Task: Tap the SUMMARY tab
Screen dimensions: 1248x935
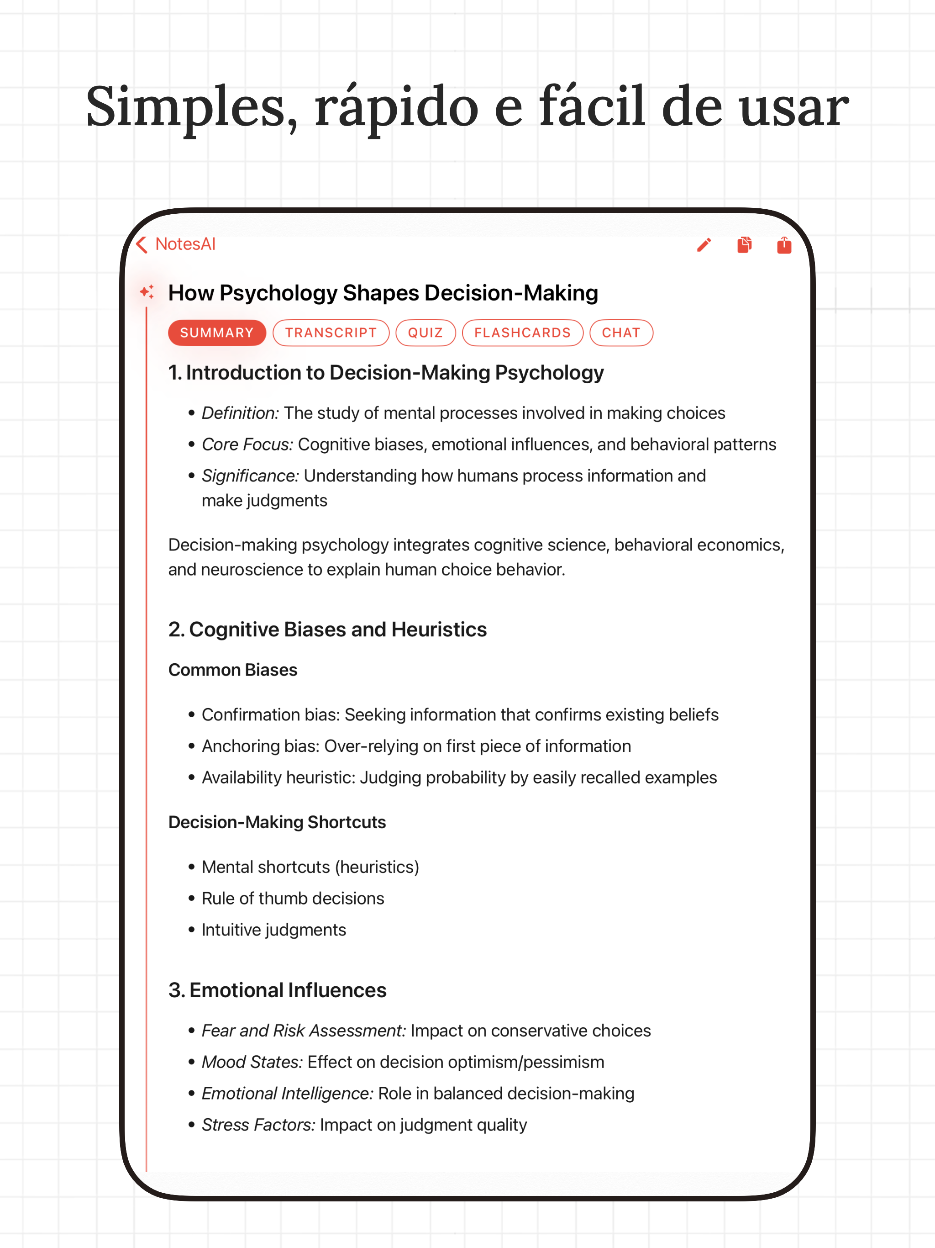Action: click(x=216, y=333)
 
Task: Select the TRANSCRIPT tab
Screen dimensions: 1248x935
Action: click(x=331, y=333)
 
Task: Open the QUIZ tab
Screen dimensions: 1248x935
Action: click(x=425, y=333)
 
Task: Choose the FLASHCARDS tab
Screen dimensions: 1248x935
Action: click(x=522, y=333)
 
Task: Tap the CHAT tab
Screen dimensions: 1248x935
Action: click(x=621, y=333)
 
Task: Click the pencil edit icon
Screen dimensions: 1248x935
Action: click(x=704, y=245)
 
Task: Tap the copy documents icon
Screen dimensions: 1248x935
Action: click(x=744, y=245)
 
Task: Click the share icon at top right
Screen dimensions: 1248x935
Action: click(x=784, y=245)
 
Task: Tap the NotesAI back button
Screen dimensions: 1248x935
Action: click(x=176, y=244)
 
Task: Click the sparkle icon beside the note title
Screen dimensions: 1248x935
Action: click(x=147, y=292)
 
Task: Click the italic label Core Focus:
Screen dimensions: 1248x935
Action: click(x=247, y=444)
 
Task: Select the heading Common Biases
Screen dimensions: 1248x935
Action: click(x=232, y=670)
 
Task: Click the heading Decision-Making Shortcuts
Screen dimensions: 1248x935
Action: click(x=277, y=822)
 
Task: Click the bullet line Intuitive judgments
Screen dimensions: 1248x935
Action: click(x=273, y=930)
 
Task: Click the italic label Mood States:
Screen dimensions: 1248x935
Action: click(x=252, y=1062)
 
